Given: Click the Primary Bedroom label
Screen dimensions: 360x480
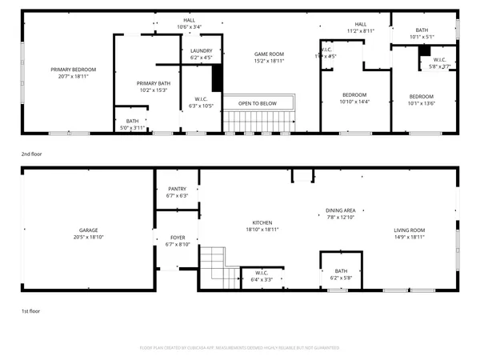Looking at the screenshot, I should pyautogui.click(x=73, y=70).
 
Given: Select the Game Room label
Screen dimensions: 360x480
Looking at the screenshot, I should pyautogui.click(x=269, y=54).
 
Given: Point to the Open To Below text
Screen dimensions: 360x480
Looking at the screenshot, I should pyautogui.click(x=258, y=103).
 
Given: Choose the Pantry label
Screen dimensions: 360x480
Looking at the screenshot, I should pyautogui.click(x=177, y=189).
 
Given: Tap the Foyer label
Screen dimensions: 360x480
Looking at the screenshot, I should pyautogui.click(x=177, y=238).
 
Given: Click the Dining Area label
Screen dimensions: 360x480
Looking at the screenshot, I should pyautogui.click(x=340, y=210).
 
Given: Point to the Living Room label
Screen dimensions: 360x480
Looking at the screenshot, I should pyautogui.click(x=409, y=230).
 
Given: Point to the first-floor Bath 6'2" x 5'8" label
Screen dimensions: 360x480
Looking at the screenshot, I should pyautogui.click(x=342, y=274).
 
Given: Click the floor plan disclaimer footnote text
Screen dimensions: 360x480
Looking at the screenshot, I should pyautogui.click(x=239, y=348).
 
